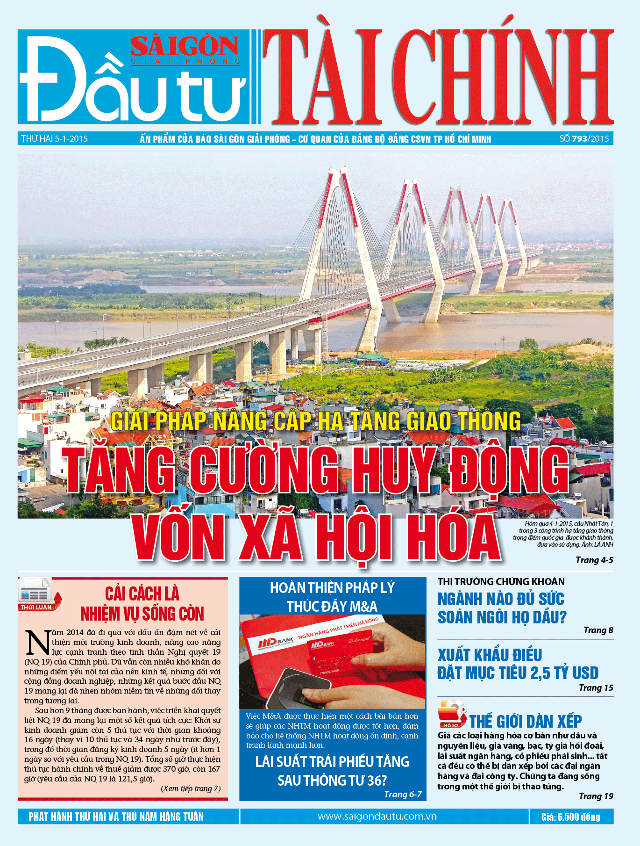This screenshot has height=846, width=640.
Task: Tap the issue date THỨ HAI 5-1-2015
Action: (54, 139)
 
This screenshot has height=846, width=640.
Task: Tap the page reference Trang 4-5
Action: (594, 560)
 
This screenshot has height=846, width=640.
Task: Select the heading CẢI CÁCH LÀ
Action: (142, 594)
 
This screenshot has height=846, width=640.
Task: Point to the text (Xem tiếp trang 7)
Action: (191, 789)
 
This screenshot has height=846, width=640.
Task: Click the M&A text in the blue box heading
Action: (362, 607)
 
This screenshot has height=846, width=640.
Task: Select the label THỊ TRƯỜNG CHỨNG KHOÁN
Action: (501, 582)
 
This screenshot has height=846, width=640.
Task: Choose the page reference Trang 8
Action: (598, 630)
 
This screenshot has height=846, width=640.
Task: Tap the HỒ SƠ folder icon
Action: (451, 714)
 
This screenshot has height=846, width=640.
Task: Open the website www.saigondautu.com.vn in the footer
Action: (377, 817)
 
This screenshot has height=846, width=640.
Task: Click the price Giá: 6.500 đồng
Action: (570, 817)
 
